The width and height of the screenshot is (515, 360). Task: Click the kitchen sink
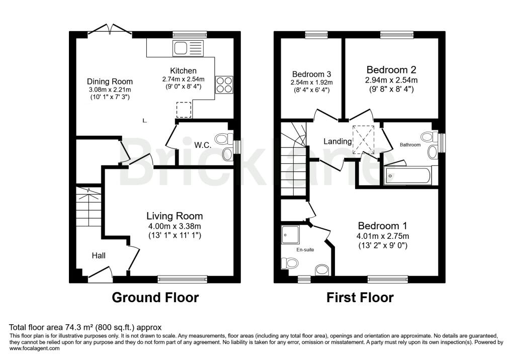click(x=188, y=48)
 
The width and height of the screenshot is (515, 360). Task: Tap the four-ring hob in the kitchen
click(x=224, y=85)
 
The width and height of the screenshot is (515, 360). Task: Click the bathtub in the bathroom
click(x=407, y=176)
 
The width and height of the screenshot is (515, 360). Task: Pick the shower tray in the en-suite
click(x=290, y=234)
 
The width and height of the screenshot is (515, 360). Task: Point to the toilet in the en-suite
click(x=289, y=263)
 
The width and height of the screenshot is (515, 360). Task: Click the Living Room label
click(x=175, y=216)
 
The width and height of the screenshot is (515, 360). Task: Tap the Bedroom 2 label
click(x=391, y=69)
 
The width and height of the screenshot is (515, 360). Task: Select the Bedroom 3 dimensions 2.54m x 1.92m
click(x=311, y=82)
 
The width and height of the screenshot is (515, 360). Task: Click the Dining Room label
click(x=110, y=81)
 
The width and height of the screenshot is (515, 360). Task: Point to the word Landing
click(x=337, y=141)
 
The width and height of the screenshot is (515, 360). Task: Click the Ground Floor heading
click(x=155, y=298)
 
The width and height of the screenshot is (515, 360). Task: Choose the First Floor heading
click(x=360, y=298)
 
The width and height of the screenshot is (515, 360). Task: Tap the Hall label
click(x=99, y=255)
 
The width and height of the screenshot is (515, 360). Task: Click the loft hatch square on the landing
click(x=363, y=140)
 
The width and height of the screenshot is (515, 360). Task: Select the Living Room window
click(x=182, y=279)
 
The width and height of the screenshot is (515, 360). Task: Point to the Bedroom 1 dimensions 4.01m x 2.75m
click(x=383, y=236)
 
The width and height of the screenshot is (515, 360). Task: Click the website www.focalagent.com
click(x=35, y=348)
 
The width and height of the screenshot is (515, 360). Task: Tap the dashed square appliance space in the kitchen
click(x=184, y=110)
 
